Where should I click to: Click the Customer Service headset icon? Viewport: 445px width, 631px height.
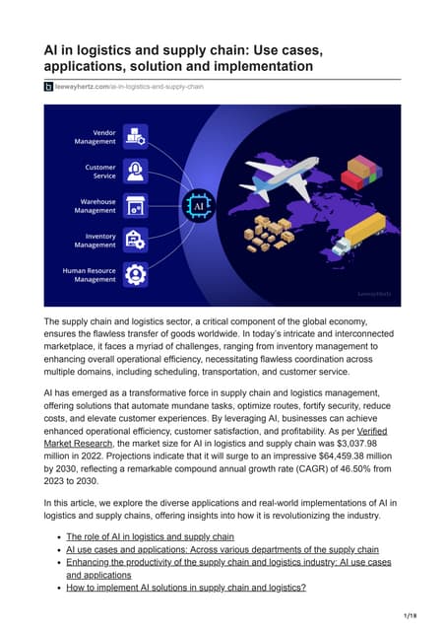coord(135,171)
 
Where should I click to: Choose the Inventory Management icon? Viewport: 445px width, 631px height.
coord(135,240)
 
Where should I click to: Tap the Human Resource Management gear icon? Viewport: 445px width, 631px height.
coord(135,274)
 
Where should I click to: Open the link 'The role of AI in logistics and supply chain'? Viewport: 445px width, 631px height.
coord(150,537)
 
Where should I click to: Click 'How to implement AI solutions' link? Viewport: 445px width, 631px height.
coord(186,588)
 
